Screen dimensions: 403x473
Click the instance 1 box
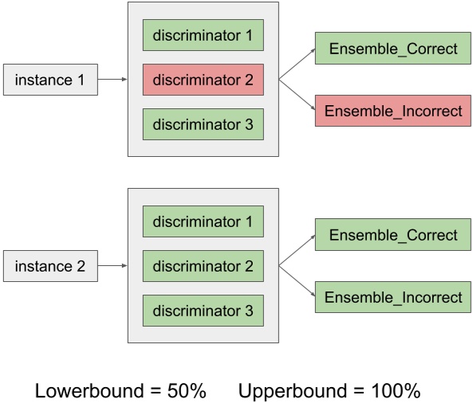click(x=50, y=80)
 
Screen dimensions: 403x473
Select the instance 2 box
click(x=50, y=267)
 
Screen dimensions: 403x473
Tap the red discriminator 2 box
click(x=203, y=80)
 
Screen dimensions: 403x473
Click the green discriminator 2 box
click(x=203, y=267)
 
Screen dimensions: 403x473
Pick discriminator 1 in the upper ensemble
click(x=203, y=35)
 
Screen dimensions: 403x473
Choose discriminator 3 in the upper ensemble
click(x=203, y=125)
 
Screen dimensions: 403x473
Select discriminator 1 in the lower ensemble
click(x=203, y=221)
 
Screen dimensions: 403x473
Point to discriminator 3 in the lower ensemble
click(x=203, y=311)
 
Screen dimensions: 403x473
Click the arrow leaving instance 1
click(x=112, y=80)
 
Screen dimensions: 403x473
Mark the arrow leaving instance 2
click(x=112, y=267)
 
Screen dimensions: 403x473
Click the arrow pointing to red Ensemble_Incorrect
click(x=298, y=96)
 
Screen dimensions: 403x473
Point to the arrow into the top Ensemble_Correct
click(x=298, y=64)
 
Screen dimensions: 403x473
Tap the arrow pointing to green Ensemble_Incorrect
click(x=298, y=282)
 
